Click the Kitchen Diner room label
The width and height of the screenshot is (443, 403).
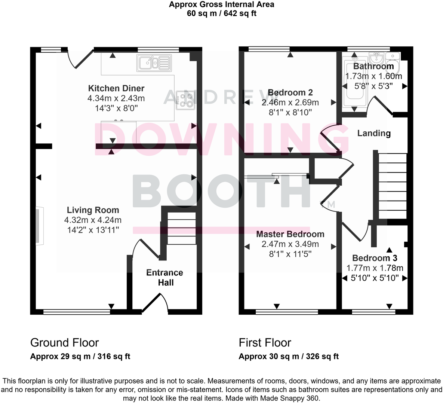(116, 89)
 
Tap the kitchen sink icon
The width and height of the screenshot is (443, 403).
(154, 62)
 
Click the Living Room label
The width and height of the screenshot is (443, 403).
(93, 210)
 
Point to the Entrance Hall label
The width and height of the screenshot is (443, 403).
(165, 278)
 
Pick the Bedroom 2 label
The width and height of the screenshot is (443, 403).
(290, 93)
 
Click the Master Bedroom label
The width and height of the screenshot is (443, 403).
(290, 235)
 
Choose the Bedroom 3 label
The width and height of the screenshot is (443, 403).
(375, 258)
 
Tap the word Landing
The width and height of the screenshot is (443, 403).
(374, 134)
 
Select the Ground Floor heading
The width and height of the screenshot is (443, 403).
(64, 343)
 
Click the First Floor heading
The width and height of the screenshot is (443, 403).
(265, 343)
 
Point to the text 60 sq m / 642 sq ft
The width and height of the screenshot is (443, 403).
(221, 14)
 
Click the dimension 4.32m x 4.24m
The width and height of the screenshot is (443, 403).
(93, 220)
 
